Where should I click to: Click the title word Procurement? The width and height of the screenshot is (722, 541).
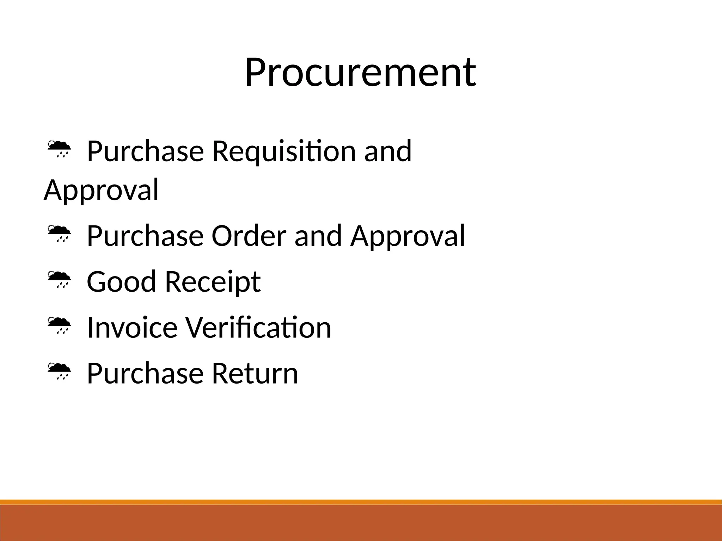click(x=360, y=73)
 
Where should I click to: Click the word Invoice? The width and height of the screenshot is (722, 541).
click(x=132, y=328)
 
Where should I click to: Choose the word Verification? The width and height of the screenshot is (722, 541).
click(x=258, y=328)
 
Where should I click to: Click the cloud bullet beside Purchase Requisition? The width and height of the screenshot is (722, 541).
click(x=59, y=149)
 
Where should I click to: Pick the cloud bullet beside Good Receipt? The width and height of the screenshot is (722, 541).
click(x=59, y=279)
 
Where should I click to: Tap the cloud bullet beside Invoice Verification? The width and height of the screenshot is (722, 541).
click(x=59, y=325)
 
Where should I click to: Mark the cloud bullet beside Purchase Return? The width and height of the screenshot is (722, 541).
click(x=59, y=371)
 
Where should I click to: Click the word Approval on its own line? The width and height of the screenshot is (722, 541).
click(x=101, y=191)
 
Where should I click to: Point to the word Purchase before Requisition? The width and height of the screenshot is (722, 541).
click(x=145, y=151)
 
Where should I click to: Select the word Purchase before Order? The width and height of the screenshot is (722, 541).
click(x=145, y=236)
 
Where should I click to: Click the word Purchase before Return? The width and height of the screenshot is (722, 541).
click(x=145, y=373)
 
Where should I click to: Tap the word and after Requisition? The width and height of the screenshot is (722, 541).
click(x=388, y=151)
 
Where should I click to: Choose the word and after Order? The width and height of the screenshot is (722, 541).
click(x=318, y=236)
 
